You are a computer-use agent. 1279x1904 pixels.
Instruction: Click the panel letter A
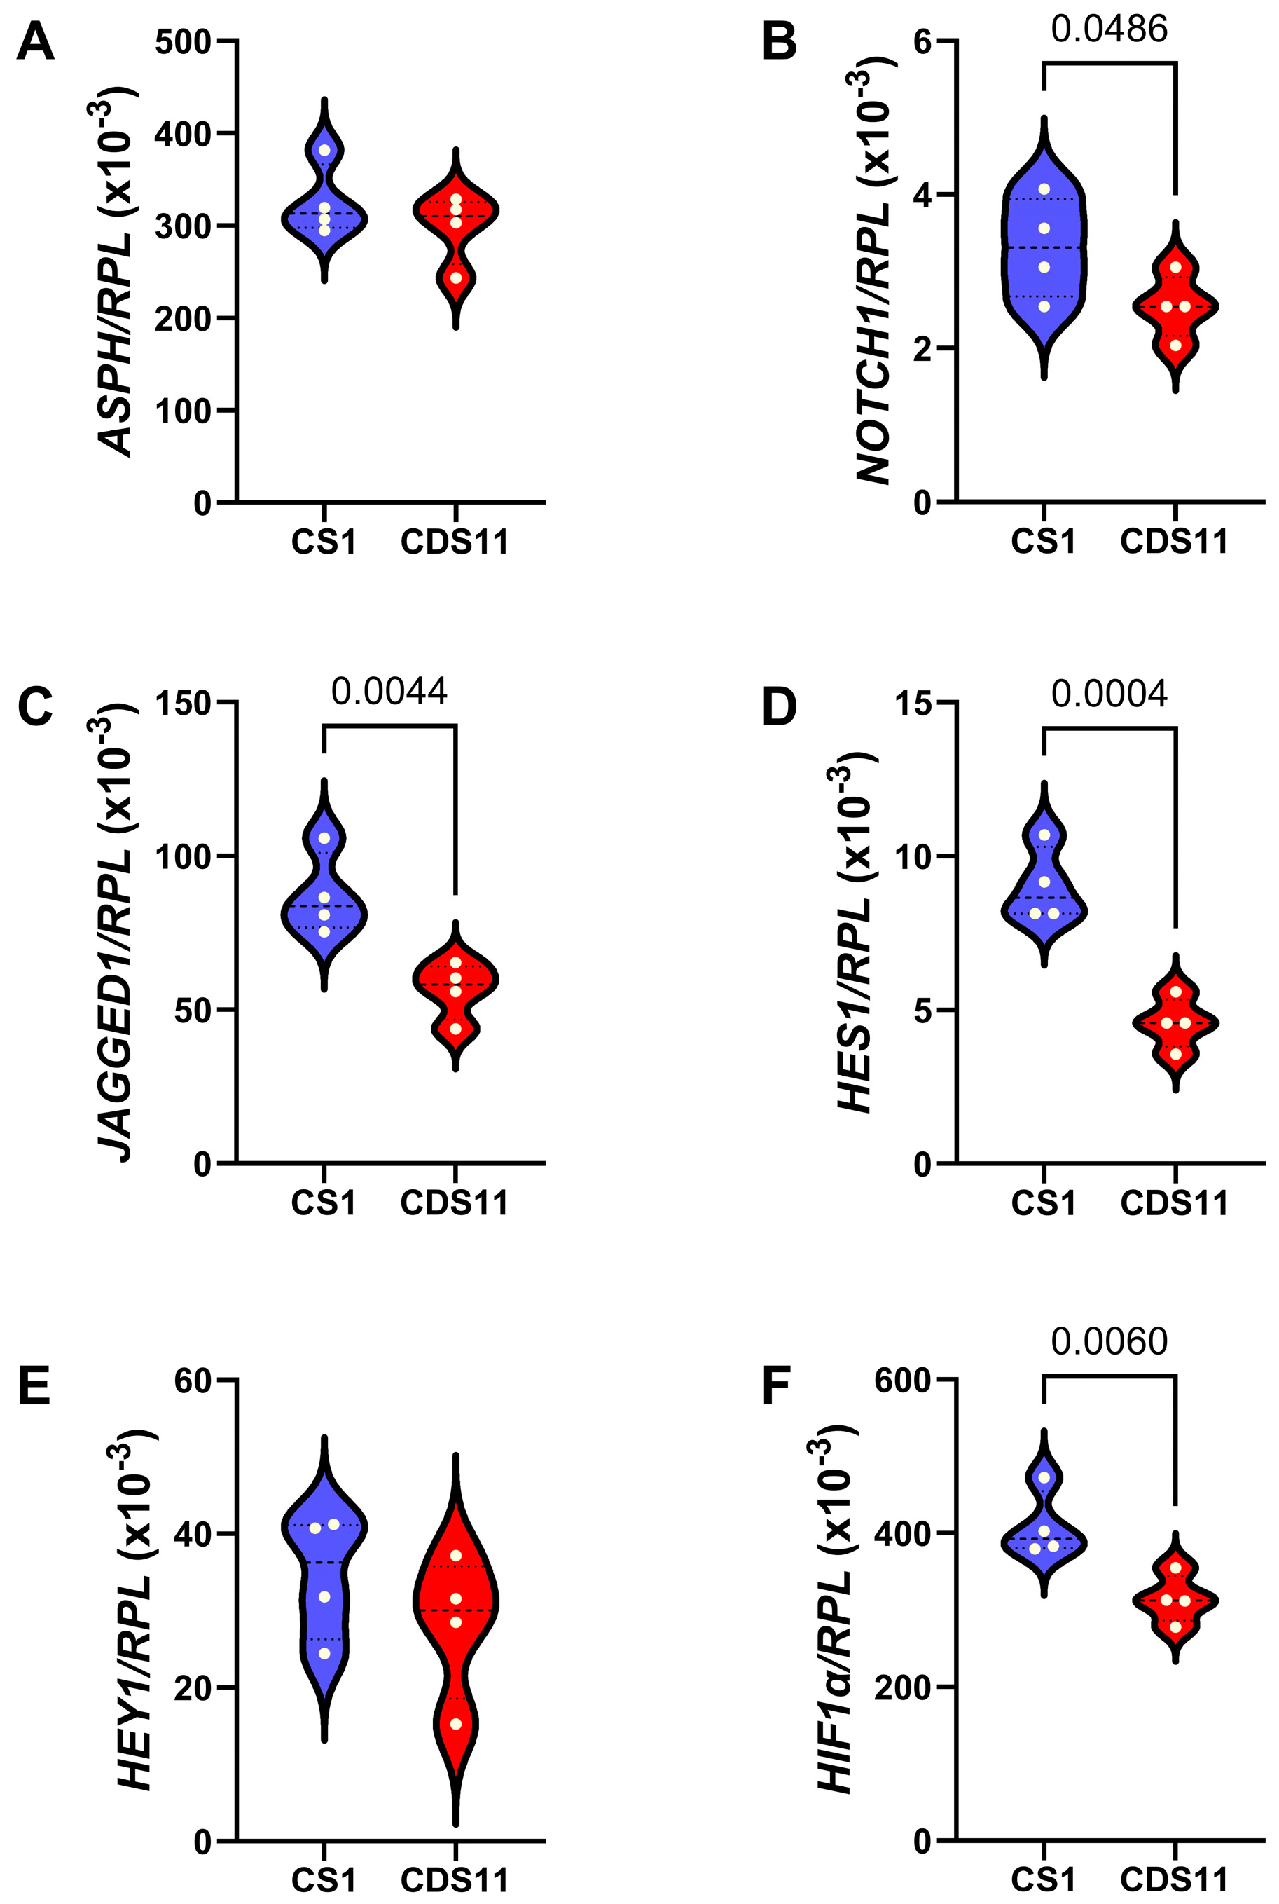tap(35, 43)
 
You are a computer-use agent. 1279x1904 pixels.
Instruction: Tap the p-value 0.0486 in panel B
tap(1109, 29)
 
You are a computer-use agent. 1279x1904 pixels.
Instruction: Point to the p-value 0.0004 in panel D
tap(1109, 694)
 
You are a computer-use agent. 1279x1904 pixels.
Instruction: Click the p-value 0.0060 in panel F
tap(1109, 1342)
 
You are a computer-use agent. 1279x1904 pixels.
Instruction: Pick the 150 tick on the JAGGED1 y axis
tap(183, 703)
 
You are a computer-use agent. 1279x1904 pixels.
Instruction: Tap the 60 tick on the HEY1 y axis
tap(193, 1381)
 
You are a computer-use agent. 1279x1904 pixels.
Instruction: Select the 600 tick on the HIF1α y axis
tap(902, 1381)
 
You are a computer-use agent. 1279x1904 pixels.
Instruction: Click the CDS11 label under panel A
tap(455, 542)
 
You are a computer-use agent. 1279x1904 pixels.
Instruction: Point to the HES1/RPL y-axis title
tap(857, 938)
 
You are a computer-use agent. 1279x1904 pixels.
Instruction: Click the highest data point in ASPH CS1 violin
tap(324, 150)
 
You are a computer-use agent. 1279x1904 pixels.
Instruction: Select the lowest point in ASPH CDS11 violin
tap(456, 278)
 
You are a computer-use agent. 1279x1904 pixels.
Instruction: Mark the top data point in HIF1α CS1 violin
tap(1044, 1477)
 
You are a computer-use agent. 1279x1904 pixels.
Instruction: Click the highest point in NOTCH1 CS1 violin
tap(1044, 189)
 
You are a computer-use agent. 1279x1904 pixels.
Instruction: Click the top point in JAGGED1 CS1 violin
tap(324, 838)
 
